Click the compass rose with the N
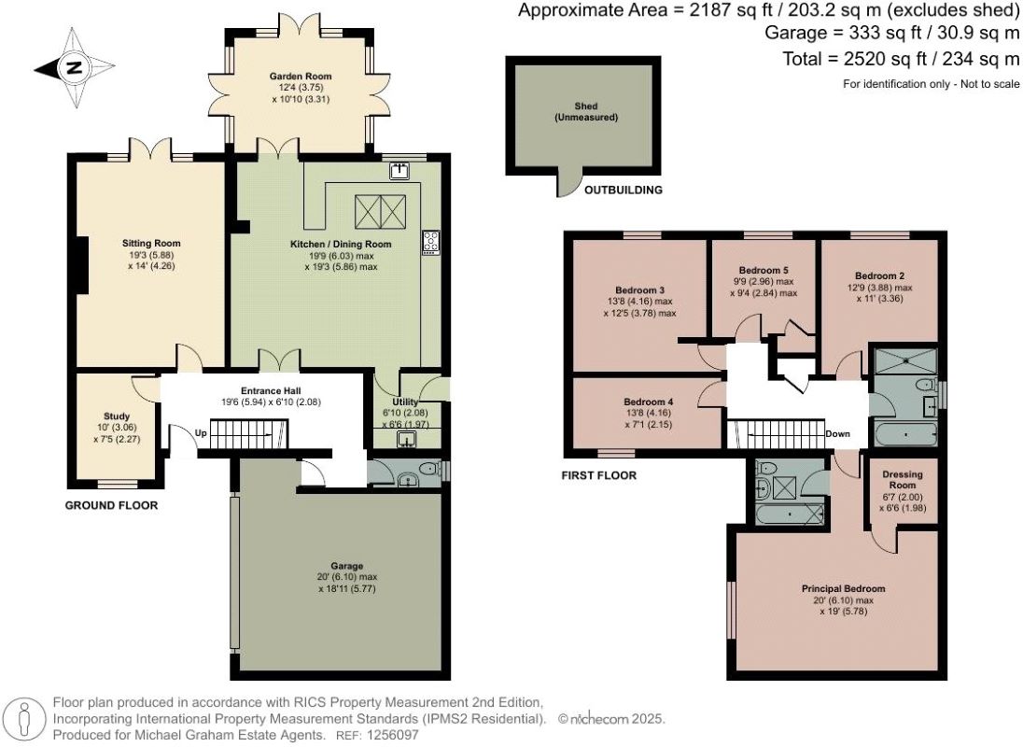coord(75,68)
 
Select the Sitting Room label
coord(151,244)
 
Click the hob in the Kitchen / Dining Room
coord(430,243)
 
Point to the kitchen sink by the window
coord(399,171)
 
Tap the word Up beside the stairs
coord(202,432)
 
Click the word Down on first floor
coord(837,434)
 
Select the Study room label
coord(117,416)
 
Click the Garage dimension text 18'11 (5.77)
coord(347,588)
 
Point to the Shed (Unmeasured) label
coord(586,111)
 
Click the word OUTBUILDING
coord(624,190)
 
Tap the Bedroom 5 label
coord(764,270)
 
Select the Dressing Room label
coord(903,480)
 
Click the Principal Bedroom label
coord(844,588)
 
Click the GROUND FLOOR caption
coord(112,505)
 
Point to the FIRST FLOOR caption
coord(599,475)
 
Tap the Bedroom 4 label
coord(649,402)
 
